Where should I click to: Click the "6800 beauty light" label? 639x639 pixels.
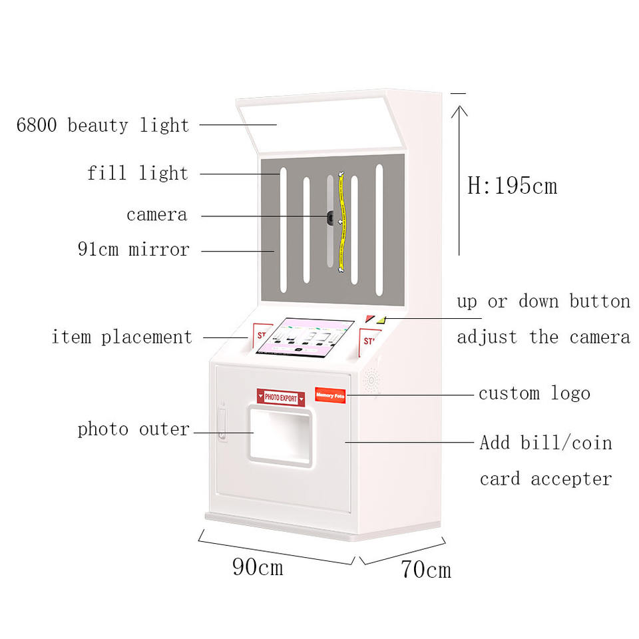pos(103,125)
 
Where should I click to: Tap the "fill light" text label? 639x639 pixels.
pos(138,174)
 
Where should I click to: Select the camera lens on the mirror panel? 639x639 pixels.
pos(330,216)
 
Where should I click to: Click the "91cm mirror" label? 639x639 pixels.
pos(133,250)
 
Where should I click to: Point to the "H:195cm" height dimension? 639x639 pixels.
pos(512,186)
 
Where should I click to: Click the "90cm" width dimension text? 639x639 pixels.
pos(258,566)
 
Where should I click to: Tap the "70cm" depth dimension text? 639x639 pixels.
pos(426,569)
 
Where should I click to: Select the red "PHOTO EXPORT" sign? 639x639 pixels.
pos(280,397)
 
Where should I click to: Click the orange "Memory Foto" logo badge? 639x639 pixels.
pos(330,395)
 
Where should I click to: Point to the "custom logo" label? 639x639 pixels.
pos(534,393)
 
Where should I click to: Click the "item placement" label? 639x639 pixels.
pos(122,337)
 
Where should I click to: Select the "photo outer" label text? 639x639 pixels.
pos(134,429)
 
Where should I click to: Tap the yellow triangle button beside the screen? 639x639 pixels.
pos(381,319)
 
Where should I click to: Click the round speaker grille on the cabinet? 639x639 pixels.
pos(371,381)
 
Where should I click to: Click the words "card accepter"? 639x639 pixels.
pos(546,479)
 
